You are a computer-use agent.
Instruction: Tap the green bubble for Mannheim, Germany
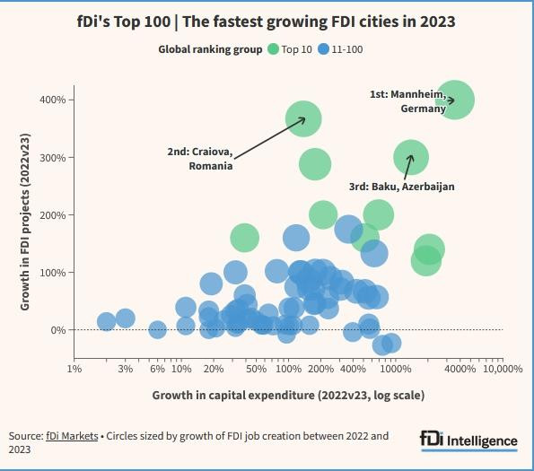[x=454, y=100]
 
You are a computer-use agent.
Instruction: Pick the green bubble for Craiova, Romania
[x=303, y=118]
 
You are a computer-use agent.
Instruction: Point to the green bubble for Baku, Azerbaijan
[x=411, y=158]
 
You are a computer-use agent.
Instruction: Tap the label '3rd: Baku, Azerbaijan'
[x=402, y=187]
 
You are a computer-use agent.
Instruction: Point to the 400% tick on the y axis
[x=54, y=100]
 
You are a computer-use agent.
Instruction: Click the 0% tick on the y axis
[x=59, y=330]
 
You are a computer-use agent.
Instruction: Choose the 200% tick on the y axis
[x=54, y=215]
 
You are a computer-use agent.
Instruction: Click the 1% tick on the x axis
[x=74, y=369]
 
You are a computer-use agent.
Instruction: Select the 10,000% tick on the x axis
[x=503, y=369]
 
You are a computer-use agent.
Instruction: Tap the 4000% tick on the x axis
[x=460, y=369]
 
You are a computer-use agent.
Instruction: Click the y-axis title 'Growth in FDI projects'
[x=26, y=215]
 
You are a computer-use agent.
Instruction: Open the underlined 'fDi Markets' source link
[x=71, y=436]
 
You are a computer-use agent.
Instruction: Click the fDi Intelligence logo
[x=468, y=440]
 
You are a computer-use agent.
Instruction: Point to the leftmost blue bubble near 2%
[x=106, y=322]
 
